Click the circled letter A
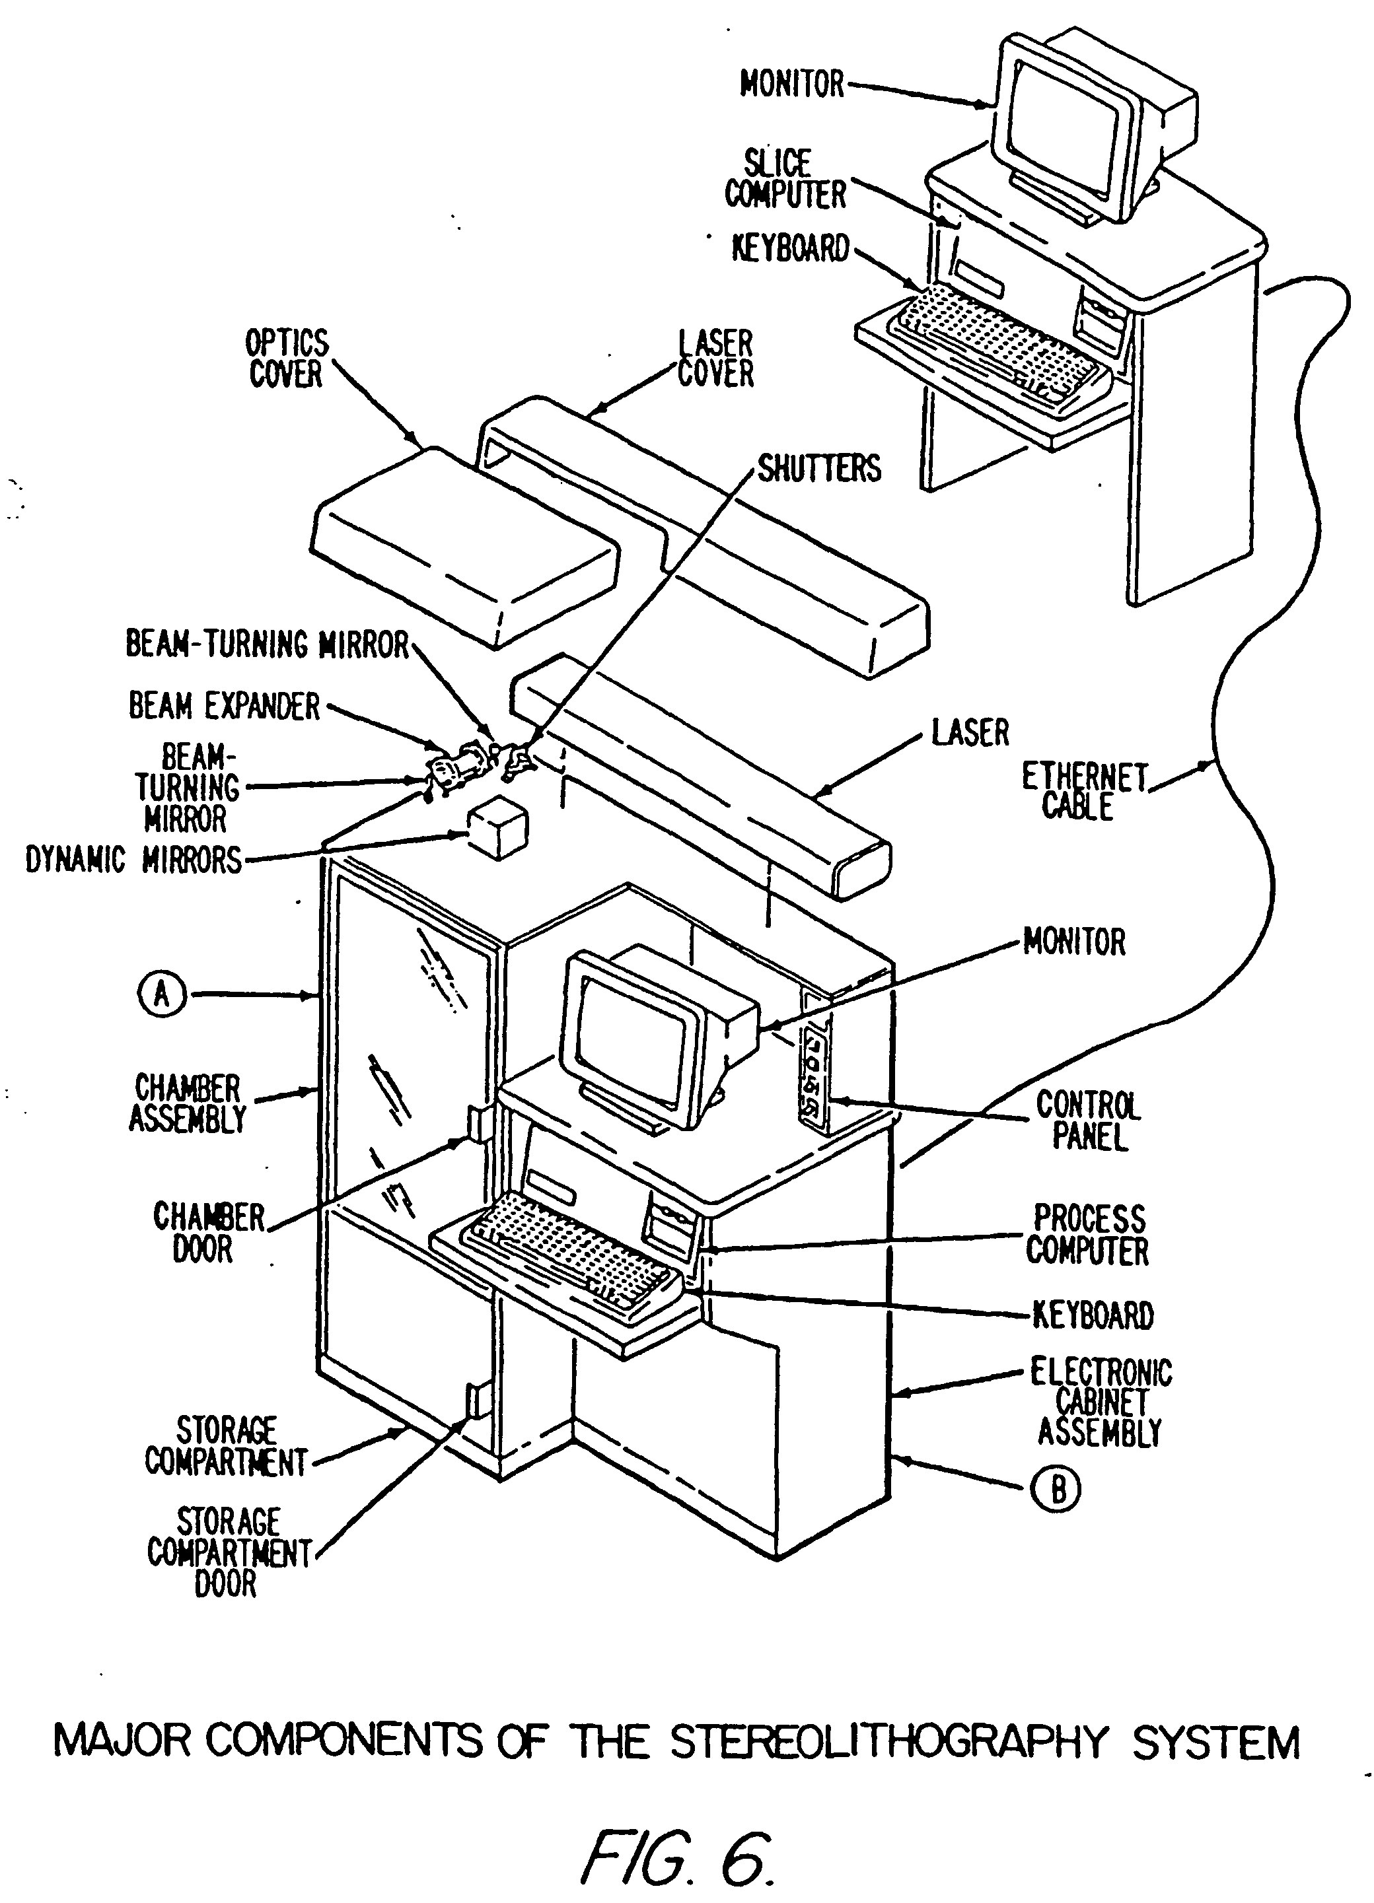(162, 995)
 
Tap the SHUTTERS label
(819, 469)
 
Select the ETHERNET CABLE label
(1083, 790)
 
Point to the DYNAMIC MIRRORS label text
(133, 860)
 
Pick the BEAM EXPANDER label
(224, 707)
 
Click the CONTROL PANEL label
(1089, 1121)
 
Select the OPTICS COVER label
(286, 359)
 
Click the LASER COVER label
(715, 359)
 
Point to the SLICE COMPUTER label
(785, 179)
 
